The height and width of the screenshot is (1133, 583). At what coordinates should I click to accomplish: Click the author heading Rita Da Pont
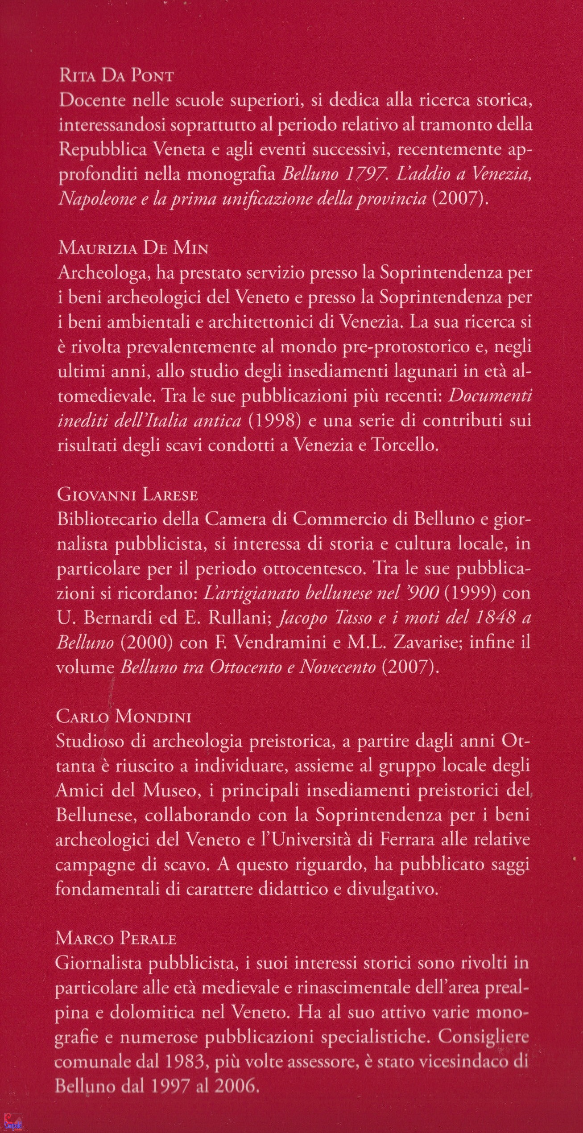116,76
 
